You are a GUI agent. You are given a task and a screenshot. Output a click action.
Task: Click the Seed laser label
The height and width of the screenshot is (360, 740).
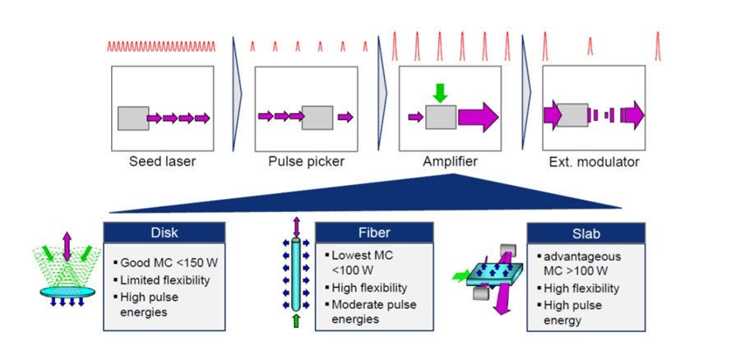click(162, 162)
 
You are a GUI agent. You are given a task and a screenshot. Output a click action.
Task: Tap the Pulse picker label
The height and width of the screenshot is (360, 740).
click(307, 162)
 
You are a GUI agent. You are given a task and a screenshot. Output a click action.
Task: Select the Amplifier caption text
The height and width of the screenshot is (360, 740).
click(451, 162)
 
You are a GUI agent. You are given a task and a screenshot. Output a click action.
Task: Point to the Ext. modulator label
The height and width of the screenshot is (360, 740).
click(594, 162)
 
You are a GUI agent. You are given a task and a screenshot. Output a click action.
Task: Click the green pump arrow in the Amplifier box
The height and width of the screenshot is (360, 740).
click(440, 93)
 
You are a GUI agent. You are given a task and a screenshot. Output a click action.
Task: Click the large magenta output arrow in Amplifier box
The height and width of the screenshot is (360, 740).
click(478, 118)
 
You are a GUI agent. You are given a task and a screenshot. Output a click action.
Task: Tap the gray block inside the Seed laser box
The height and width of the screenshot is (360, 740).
click(133, 118)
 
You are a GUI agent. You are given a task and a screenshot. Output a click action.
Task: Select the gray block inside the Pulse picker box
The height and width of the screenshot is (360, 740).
click(317, 118)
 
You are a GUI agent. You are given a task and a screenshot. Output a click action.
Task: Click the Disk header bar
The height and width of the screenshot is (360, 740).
click(164, 233)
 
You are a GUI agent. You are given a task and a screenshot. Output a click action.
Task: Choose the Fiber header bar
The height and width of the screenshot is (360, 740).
click(374, 233)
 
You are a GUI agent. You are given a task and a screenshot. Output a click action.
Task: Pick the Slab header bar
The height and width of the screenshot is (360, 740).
click(585, 234)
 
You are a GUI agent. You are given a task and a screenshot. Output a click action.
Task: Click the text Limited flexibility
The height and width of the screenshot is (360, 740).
click(164, 280)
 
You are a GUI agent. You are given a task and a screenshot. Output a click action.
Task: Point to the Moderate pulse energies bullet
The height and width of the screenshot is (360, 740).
click(374, 312)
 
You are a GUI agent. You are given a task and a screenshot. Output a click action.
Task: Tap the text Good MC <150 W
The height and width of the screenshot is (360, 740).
click(169, 263)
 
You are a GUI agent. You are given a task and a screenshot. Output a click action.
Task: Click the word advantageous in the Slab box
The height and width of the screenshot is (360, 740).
click(582, 257)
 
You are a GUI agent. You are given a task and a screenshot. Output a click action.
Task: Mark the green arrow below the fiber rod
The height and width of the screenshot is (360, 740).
click(296, 321)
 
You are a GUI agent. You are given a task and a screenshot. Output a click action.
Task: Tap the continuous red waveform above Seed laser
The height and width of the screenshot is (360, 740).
click(161, 46)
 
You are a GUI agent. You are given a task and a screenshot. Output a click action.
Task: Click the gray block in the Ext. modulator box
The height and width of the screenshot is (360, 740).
click(572, 115)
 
